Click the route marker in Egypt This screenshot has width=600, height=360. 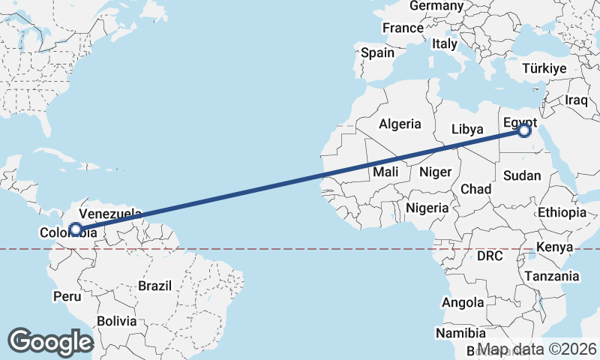pyautogui.click(x=523, y=130)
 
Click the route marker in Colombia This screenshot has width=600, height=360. pyautogui.click(x=76, y=229)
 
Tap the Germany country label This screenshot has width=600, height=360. pyautogui.click(x=436, y=6)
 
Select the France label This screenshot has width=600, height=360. pyautogui.click(x=403, y=28)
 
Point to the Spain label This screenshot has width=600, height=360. pyautogui.click(x=377, y=52)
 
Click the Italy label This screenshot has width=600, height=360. pyautogui.click(x=444, y=44)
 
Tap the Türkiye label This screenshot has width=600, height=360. pyautogui.click(x=544, y=68)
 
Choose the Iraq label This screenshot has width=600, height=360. pyautogui.click(x=576, y=100)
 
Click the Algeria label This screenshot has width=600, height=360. pyautogui.click(x=400, y=124)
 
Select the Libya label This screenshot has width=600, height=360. pyautogui.click(x=467, y=129)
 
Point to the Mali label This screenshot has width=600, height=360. pyautogui.click(x=385, y=172)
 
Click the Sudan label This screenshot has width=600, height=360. pyautogui.click(x=521, y=175)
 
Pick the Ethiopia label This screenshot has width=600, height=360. pyautogui.click(x=562, y=212)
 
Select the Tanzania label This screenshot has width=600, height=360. pyautogui.click(x=552, y=276)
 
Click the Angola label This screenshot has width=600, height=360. pyautogui.click(x=463, y=303)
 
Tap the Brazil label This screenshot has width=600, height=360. pyautogui.click(x=155, y=285)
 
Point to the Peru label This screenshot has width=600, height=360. pyautogui.click(x=67, y=296)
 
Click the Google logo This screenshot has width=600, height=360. pyautogui.click(x=50, y=341)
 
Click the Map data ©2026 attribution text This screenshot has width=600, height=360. pyautogui.click(x=537, y=349)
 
